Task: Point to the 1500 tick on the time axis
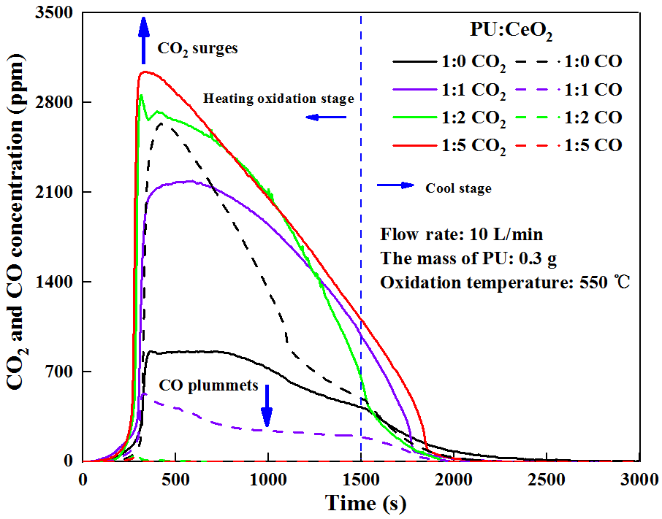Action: pos(361,477)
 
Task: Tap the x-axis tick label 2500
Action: pos(547,477)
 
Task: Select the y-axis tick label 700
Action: pos(60,372)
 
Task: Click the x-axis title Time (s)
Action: pos(362,504)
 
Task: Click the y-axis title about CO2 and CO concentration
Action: pos(18,237)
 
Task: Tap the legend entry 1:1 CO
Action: pos(593,90)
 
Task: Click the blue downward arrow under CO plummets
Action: pos(267,406)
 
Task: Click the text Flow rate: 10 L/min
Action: pos(462,234)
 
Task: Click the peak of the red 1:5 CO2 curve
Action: pos(146,72)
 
